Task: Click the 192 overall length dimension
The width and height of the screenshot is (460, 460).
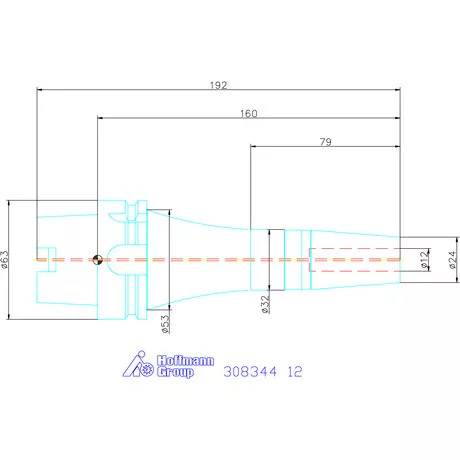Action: pyautogui.click(x=218, y=85)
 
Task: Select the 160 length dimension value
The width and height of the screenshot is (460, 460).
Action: pyautogui.click(x=249, y=114)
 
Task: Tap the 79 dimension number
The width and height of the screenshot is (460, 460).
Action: pyautogui.click(x=326, y=142)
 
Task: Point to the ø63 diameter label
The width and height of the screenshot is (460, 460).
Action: pyautogui.click(x=4, y=260)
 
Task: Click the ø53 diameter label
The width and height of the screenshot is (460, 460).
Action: pyautogui.click(x=165, y=324)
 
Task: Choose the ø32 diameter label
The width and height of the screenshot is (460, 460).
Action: pyautogui.click(x=265, y=304)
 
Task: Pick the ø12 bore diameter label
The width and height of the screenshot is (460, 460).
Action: pyautogui.click(x=424, y=260)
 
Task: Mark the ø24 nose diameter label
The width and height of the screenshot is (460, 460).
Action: pyautogui.click(x=452, y=260)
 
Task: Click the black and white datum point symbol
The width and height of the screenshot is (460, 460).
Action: pyautogui.click(x=97, y=260)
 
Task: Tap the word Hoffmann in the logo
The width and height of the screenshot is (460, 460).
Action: pyautogui.click(x=185, y=361)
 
